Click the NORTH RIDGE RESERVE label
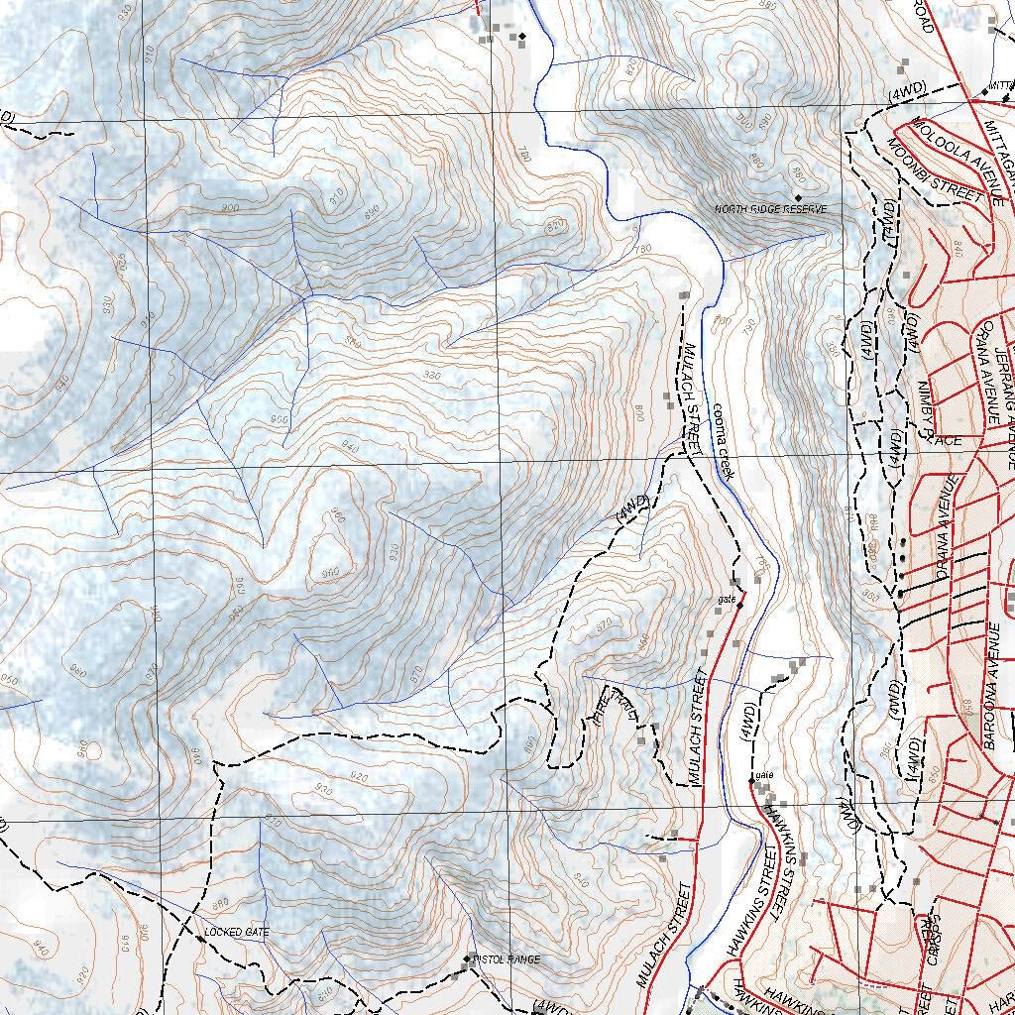pos(770,210)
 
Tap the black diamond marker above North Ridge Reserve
pos(798,198)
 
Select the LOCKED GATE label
pos(236,933)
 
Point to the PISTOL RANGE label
pos(507,959)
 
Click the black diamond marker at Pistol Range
pos(468,959)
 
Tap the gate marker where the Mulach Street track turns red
pos(739,604)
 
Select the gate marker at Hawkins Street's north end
pos(751,782)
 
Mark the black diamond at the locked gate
pos(200,939)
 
